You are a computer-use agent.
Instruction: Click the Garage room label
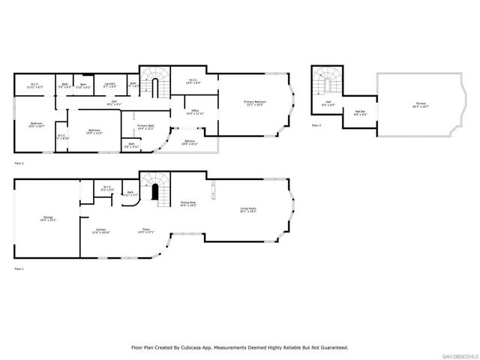pos(49,219)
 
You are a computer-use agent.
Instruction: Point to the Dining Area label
pos(188,203)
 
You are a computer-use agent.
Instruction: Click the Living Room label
pos(248,210)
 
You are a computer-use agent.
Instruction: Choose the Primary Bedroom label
pos(255,103)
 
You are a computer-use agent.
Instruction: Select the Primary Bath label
pos(145,127)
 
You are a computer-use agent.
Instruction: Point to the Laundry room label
pos(109,85)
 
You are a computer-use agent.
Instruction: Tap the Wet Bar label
pos(360,112)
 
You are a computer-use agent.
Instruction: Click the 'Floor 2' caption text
pos(19,163)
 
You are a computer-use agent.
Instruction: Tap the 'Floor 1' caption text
pos(19,268)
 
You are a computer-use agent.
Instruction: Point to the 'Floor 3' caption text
pos(315,125)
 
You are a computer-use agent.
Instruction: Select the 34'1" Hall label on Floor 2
pos(114,103)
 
